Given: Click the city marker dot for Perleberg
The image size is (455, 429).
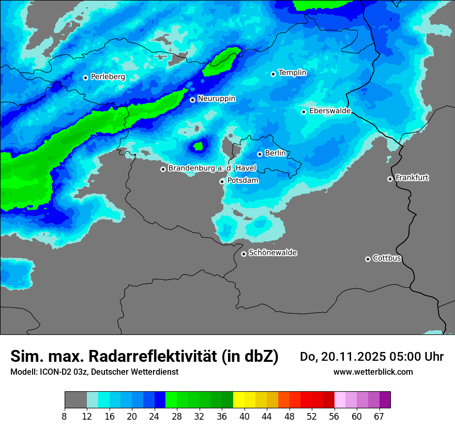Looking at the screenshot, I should [x=85, y=78].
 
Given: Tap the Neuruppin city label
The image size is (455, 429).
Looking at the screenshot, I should [x=216, y=99].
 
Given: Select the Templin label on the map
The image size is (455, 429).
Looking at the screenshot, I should [x=292, y=73].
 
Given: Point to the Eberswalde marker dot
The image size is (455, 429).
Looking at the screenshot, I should [x=304, y=112].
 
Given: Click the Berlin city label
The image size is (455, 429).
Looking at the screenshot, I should [x=275, y=154].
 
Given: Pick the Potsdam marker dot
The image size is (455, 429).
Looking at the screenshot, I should [x=222, y=181].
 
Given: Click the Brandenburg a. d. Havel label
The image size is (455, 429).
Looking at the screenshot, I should [x=212, y=168].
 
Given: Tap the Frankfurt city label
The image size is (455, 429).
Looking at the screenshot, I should [x=412, y=178].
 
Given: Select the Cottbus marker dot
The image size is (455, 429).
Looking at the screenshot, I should [x=368, y=259].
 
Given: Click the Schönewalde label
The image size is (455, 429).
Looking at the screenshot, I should [x=272, y=253].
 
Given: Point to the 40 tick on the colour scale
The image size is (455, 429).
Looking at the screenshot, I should [x=245, y=416].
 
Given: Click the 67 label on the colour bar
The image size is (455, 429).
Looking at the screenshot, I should [x=378, y=416].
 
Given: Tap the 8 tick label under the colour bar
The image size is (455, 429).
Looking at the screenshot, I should [x=64, y=416].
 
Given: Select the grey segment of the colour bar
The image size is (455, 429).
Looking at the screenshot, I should [x=75, y=400].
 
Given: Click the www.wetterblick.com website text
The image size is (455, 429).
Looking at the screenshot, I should [x=373, y=372].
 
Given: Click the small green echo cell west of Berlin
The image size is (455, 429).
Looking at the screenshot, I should [x=198, y=146].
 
